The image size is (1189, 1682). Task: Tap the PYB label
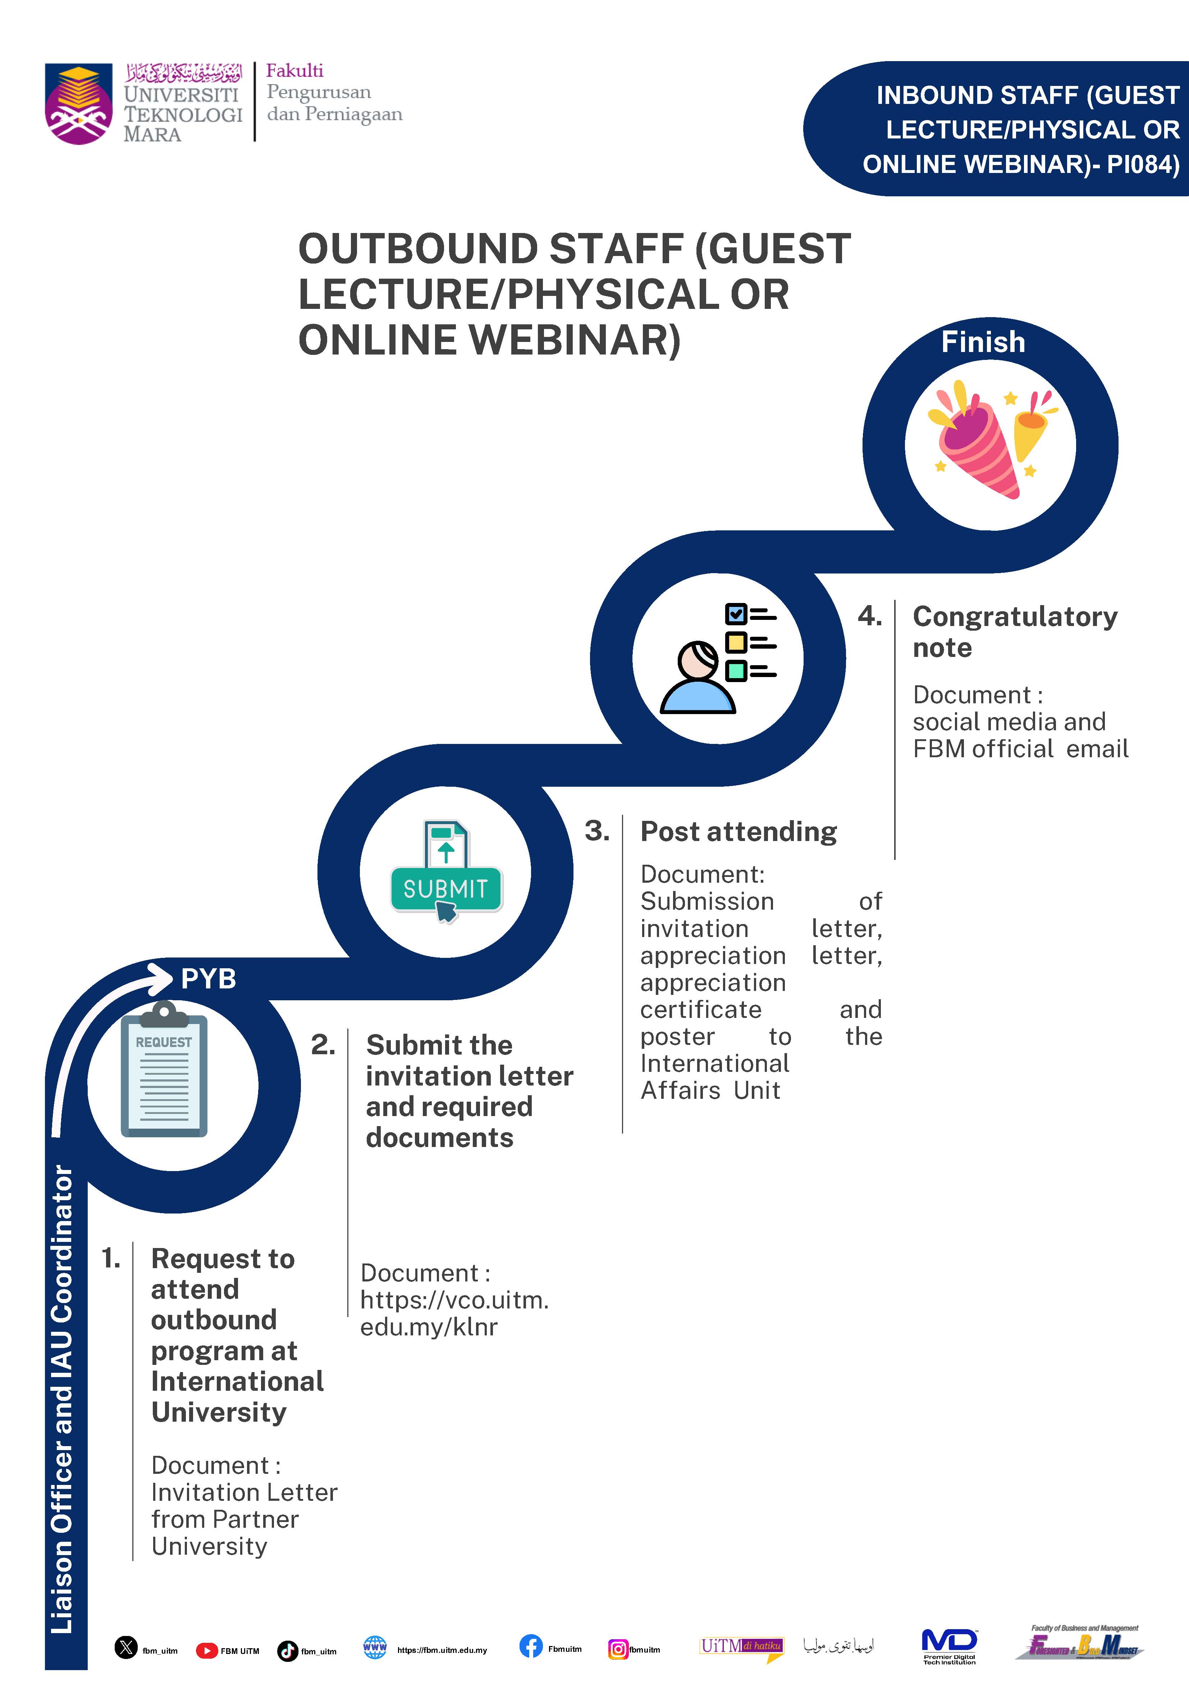click(208, 979)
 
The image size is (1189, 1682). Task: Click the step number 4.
click(870, 616)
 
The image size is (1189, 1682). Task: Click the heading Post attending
click(738, 832)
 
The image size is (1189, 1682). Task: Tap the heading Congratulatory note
click(1015, 631)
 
